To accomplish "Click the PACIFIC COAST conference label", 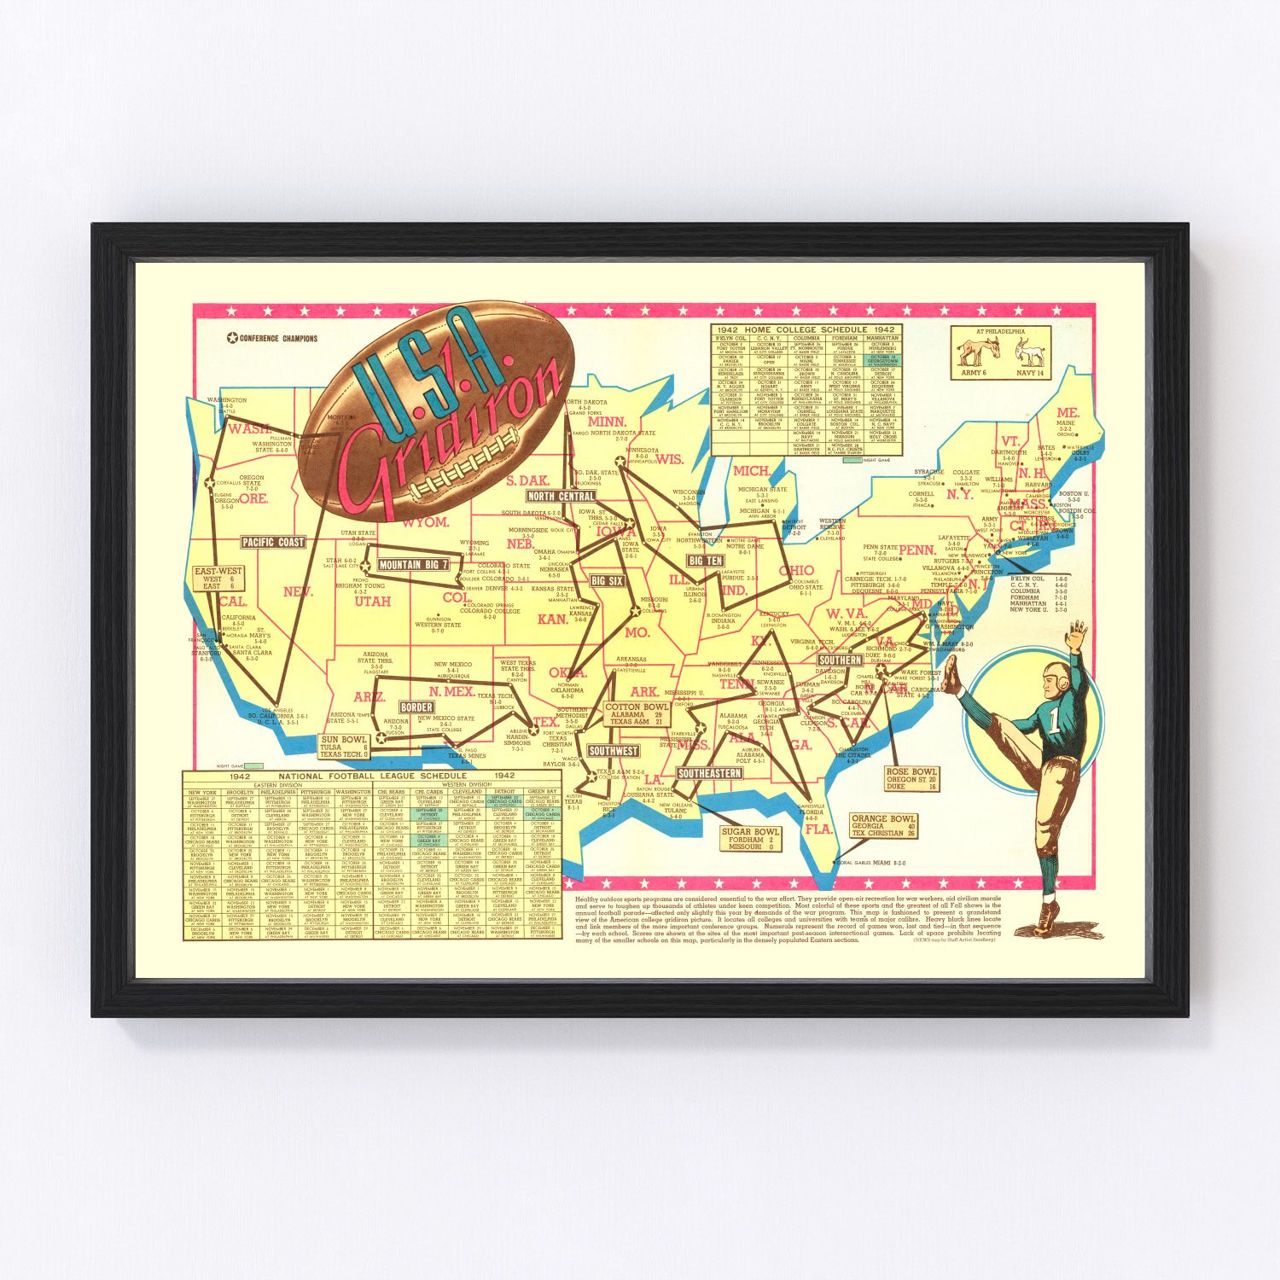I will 273,542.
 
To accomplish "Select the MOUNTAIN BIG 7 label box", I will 413,565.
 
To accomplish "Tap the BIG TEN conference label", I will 706,561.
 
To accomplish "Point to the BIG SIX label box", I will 608,581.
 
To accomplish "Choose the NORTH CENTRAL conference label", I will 561,496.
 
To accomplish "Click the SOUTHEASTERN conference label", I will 709,773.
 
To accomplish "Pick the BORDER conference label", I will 416,707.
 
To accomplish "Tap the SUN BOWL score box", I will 343,747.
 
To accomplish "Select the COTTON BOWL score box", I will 637,714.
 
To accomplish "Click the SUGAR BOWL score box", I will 750,840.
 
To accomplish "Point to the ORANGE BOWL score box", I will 884,826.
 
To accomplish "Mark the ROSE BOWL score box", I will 912,779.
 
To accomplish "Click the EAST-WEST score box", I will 218,579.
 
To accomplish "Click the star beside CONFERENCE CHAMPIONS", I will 232,338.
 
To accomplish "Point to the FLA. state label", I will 818,829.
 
